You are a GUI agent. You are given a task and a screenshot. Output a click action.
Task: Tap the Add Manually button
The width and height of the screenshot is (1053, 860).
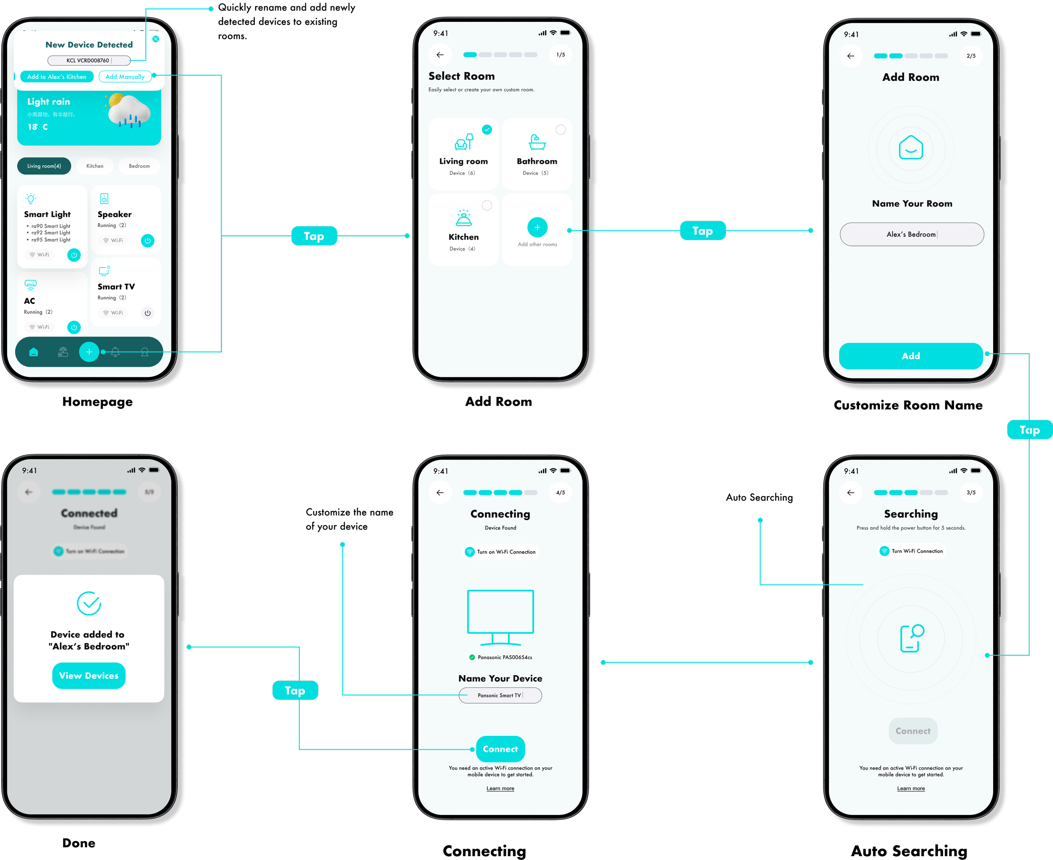click(125, 77)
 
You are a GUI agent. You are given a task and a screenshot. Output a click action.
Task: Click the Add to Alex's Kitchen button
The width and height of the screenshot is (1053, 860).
click(56, 77)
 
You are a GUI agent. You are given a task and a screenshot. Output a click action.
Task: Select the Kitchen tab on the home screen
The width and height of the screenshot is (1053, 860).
click(95, 166)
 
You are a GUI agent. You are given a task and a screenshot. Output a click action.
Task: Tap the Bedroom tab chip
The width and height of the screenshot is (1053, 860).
click(139, 166)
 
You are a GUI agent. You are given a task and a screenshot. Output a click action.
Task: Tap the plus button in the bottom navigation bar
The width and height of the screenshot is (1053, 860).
click(89, 352)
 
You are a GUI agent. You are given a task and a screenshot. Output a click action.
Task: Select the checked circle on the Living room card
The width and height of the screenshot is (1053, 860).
click(487, 130)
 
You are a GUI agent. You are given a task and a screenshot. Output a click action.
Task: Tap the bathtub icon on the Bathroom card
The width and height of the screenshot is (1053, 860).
click(537, 143)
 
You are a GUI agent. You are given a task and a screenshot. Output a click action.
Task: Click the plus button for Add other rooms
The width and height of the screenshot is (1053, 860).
click(537, 227)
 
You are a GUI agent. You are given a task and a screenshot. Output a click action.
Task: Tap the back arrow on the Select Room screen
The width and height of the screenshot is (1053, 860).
click(440, 55)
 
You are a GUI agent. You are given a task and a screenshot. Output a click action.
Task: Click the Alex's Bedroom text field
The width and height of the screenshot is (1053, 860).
click(912, 234)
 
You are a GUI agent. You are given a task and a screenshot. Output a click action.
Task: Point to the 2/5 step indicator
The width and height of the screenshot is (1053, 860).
click(971, 56)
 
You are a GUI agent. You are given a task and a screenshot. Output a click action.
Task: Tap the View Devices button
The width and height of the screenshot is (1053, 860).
click(89, 676)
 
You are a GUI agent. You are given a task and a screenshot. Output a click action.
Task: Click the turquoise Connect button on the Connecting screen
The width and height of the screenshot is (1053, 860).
click(500, 749)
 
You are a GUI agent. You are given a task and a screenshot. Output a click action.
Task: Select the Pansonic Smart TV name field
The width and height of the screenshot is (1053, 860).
click(500, 695)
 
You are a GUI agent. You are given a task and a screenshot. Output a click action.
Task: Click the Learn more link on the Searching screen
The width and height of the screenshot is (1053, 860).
click(911, 789)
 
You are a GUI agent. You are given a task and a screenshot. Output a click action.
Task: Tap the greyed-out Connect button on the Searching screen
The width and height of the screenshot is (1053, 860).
click(913, 731)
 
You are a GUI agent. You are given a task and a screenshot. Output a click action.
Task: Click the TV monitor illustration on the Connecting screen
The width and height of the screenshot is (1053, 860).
click(500, 617)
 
